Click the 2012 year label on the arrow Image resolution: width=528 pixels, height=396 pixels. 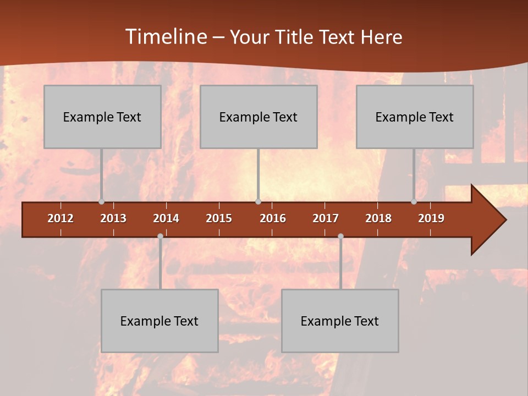[61, 218]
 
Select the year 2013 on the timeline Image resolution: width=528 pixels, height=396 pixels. [113, 218]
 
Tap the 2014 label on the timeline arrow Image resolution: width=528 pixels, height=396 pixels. [166, 218]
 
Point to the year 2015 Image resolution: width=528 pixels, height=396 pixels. [219, 218]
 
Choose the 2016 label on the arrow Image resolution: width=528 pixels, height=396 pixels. [273, 218]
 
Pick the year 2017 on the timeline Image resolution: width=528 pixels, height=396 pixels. [326, 218]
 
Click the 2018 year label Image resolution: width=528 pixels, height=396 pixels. [378, 218]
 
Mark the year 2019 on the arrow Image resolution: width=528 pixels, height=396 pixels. [431, 218]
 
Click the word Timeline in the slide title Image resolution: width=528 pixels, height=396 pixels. [164, 37]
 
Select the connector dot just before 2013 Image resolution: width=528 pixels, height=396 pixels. [101, 202]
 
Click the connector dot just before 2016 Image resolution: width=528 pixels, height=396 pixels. [258, 202]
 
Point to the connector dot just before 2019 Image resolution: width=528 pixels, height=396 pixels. [414, 202]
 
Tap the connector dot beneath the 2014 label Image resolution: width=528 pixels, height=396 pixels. [160, 237]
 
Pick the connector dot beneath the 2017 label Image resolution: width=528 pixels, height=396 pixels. [340, 237]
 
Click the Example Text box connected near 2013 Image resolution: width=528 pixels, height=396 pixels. [102, 117]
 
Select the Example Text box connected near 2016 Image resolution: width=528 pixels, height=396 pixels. [258, 117]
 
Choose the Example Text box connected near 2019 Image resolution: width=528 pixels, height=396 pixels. [415, 117]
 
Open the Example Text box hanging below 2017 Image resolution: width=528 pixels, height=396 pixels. [340, 321]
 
